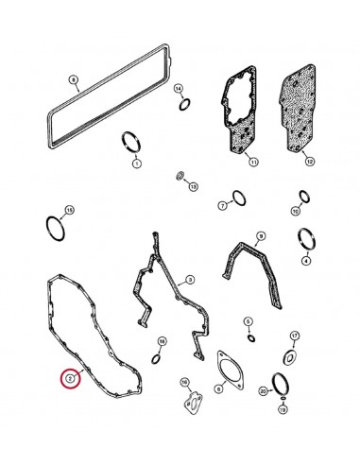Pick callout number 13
point(193,187)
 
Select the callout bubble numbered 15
point(66,209)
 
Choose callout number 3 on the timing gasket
point(189,280)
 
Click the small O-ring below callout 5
point(249,336)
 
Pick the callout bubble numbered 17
point(294,336)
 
